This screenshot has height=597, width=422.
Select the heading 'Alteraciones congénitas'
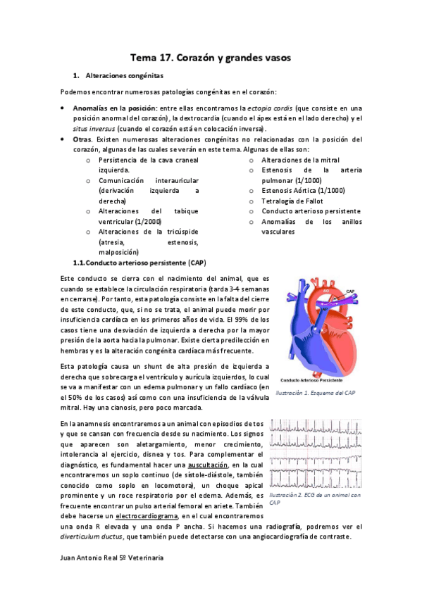tap(123, 75)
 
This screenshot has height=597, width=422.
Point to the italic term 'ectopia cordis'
tap(271, 108)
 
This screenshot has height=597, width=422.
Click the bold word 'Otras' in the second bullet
tap(83, 139)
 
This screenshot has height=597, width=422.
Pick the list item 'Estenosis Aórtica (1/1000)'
tap(303, 190)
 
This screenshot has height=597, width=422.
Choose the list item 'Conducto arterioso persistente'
tap(311, 211)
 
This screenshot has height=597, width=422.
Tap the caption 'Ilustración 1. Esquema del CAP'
tap(315, 392)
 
